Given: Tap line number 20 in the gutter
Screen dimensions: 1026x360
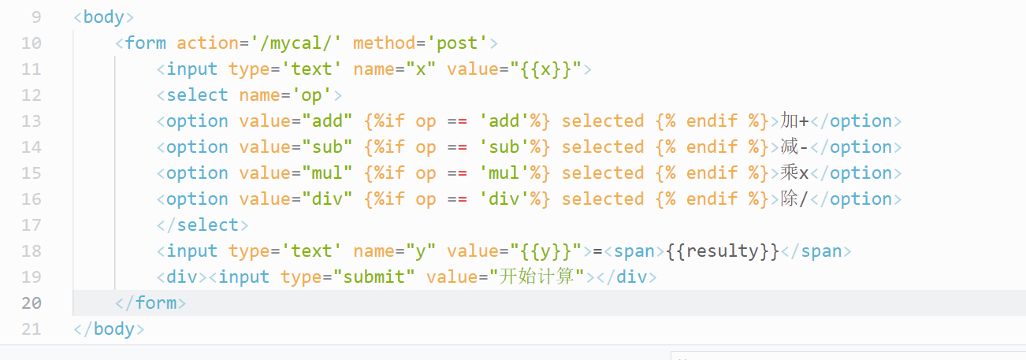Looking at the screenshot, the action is click(x=32, y=302).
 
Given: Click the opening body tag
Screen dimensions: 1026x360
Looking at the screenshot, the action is click(x=103, y=17).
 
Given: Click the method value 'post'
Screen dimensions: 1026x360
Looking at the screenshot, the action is click(x=458, y=43).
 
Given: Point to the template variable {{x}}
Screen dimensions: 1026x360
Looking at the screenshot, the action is click(x=551, y=69).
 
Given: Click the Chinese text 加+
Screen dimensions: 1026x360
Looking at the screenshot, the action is click(x=794, y=121).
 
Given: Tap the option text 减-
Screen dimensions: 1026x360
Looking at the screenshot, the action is click(x=794, y=147).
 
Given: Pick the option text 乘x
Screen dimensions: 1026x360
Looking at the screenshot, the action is click(x=794, y=173).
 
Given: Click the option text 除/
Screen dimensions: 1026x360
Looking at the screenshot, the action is click(x=794, y=199).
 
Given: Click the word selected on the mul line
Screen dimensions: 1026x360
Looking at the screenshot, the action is click(x=603, y=173).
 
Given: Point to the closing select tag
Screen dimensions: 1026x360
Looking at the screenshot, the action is click(x=203, y=225).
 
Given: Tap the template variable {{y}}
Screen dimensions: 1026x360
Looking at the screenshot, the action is click(x=551, y=251).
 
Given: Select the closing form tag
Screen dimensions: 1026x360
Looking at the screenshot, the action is click(x=151, y=302).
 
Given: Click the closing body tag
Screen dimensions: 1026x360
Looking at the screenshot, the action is click(x=109, y=328).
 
